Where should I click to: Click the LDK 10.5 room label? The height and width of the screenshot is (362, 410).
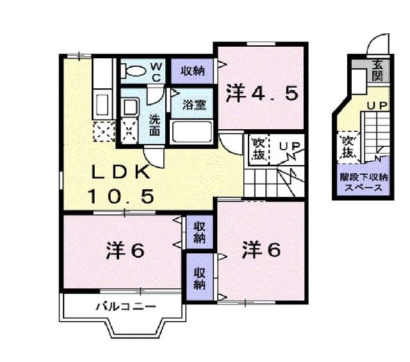(121, 184)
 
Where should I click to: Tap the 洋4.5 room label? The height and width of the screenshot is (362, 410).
(261, 95)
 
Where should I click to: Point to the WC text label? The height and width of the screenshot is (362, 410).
(156, 72)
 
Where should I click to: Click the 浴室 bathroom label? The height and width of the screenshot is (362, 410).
(194, 105)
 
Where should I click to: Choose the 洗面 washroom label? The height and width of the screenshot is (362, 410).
(156, 123)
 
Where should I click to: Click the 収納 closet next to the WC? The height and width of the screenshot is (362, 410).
(192, 71)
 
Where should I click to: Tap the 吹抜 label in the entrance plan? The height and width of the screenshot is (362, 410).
(348, 146)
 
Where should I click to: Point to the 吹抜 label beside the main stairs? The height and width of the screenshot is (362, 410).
(258, 148)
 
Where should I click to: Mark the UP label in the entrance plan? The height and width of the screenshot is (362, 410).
(375, 105)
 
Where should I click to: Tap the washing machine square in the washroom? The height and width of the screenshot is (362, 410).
(129, 132)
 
